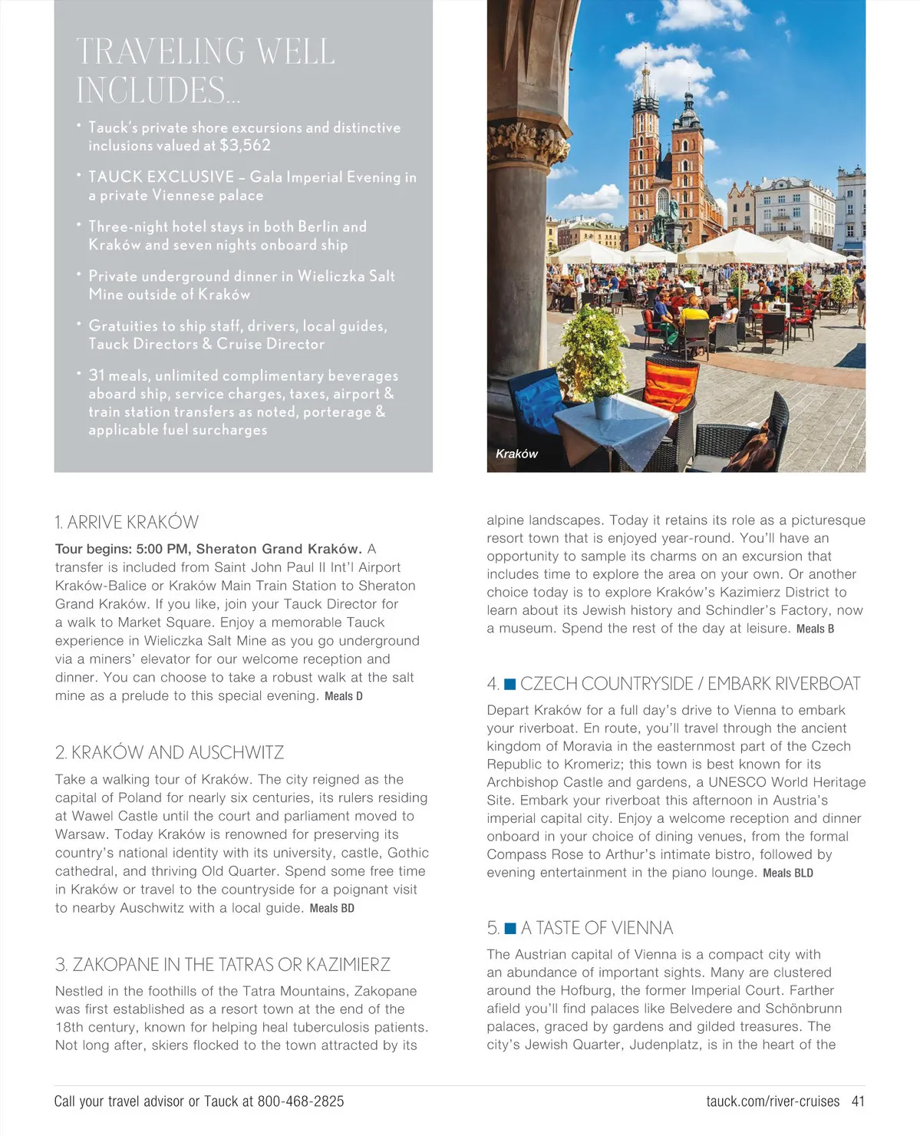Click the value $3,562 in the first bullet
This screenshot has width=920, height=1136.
245,145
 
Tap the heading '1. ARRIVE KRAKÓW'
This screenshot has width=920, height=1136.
127,523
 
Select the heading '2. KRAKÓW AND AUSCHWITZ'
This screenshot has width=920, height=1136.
170,752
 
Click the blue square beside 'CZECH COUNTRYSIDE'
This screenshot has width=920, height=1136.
509,684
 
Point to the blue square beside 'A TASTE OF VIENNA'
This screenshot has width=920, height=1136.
510,929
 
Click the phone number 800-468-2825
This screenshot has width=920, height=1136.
301,1101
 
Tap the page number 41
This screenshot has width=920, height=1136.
858,1101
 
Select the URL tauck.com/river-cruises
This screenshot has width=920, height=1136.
773,1101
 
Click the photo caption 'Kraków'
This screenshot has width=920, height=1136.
516,454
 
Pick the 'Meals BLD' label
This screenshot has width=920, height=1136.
788,873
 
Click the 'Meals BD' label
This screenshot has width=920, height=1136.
332,908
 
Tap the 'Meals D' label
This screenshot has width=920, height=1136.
344,696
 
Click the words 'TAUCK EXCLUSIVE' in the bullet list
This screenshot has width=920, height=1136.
161,177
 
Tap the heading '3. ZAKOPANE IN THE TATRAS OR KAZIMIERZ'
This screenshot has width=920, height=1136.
223,965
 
